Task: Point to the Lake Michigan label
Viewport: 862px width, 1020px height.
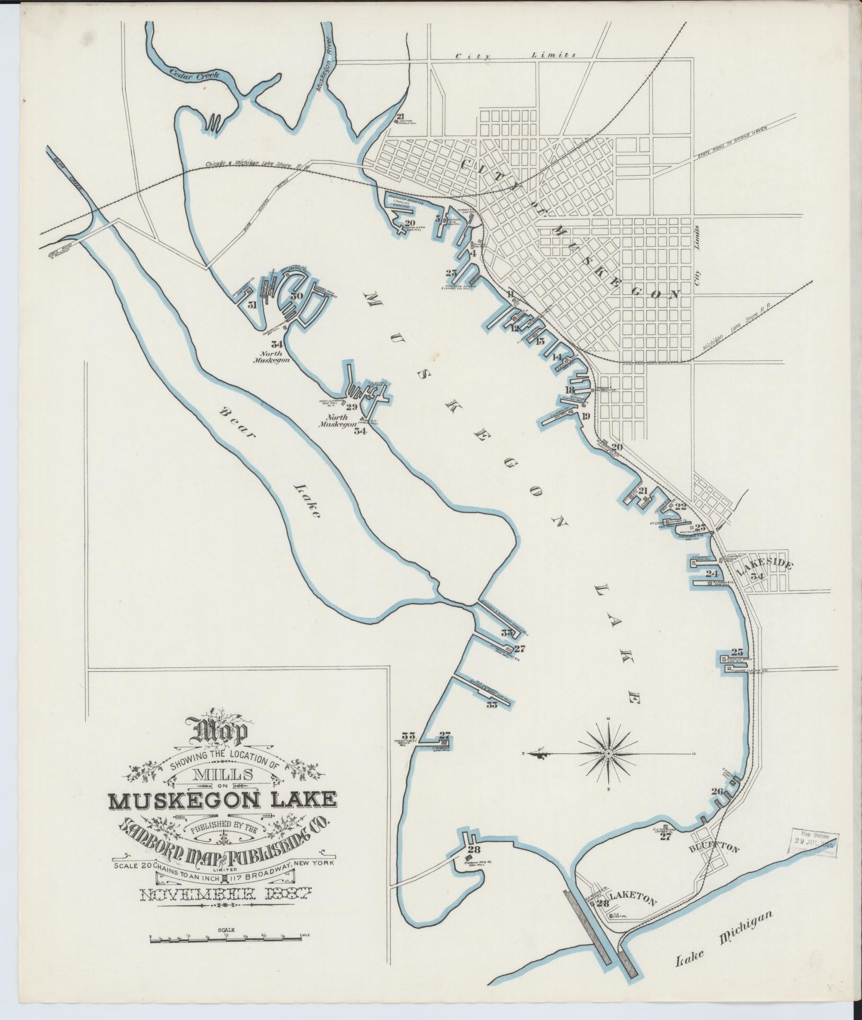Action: pyautogui.click(x=724, y=938)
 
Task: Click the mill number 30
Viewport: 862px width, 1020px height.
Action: pyautogui.click(x=297, y=296)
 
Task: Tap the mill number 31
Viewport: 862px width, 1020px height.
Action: pyautogui.click(x=252, y=305)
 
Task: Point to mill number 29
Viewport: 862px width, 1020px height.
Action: pyautogui.click(x=352, y=407)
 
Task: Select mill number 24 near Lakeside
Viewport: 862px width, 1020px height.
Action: pyautogui.click(x=712, y=574)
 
